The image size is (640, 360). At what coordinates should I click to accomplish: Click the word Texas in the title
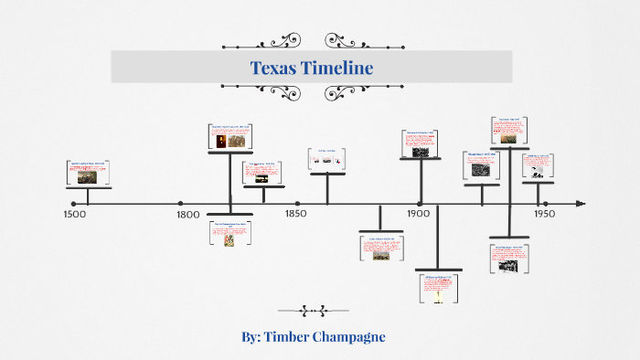pos(275,68)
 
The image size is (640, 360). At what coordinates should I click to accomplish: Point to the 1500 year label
pos(74,215)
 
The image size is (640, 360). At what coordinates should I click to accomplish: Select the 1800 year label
pos(187,215)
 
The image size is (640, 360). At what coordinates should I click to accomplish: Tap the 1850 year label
pos(294,215)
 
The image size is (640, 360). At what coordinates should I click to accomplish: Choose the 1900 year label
pos(419,215)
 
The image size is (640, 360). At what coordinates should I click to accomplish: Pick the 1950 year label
pos(544,215)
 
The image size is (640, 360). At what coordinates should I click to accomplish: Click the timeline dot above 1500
pos(73,204)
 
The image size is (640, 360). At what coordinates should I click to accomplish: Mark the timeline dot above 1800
pos(180,204)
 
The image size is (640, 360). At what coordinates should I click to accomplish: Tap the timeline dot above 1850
pos(295,204)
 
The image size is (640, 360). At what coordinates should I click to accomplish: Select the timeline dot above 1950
pos(545,204)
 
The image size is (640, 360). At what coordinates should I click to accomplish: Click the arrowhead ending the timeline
pos(579,204)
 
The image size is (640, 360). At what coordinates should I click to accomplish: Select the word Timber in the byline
pos(287,337)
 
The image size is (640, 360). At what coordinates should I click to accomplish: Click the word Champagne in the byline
pos(349,337)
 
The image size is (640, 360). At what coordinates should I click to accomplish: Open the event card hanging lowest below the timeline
pos(439,287)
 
